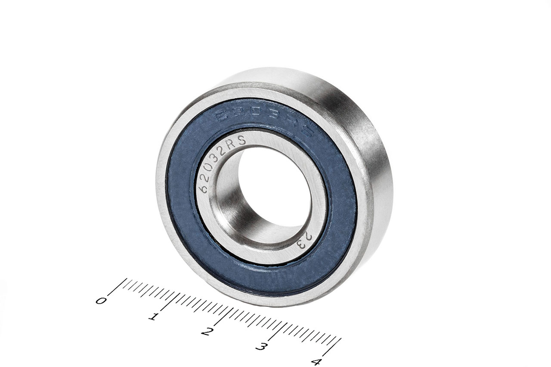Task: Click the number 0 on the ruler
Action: [101, 300]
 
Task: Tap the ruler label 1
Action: [152, 317]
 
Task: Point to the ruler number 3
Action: [260, 346]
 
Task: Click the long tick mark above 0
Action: [117, 287]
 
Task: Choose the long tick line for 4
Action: [332, 346]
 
